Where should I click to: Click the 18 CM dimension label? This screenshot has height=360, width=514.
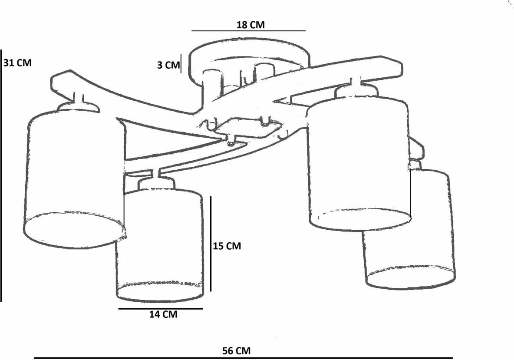point(250,25)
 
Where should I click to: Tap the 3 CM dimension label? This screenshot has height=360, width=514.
point(168,65)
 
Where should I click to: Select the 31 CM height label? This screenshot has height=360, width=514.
point(18,63)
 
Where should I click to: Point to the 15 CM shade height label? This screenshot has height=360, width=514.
point(227,246)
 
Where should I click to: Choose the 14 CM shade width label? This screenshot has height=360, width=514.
point(163,314)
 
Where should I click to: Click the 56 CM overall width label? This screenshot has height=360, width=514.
point(236,350)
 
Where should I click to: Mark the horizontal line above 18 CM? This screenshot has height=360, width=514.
point(248,31)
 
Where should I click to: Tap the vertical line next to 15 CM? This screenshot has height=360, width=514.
point(211,244)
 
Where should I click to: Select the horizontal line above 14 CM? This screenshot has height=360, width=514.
point(160,309)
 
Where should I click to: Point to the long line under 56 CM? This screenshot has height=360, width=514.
point(243,358)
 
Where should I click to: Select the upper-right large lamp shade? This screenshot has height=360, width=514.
point(358,161)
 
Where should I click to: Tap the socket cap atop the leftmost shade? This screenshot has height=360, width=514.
point(78,106)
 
